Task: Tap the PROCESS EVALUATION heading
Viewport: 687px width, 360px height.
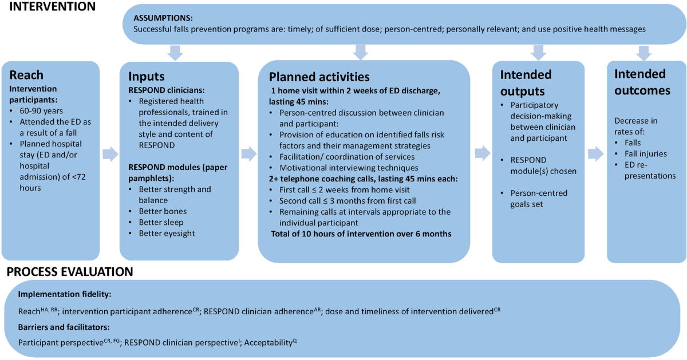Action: click(69, 271)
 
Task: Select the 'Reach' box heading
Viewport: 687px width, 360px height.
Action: click(26, 76)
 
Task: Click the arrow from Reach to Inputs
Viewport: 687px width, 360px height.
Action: click(110, 153)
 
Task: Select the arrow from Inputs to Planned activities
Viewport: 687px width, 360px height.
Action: click(249, 153)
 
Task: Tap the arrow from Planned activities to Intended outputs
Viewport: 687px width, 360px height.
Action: click(481, 153)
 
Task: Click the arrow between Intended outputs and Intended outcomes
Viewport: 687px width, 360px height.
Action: click(596, 153)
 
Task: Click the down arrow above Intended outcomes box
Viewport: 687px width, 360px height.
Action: click(645, 53)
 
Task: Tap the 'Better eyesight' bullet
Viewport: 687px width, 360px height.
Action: click(167, 233)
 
